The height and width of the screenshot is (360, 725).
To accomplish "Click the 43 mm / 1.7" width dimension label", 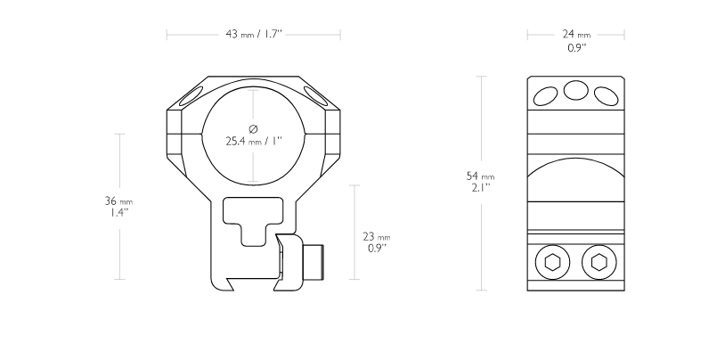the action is (253, 34).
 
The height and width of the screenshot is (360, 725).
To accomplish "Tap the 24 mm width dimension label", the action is (576, 34).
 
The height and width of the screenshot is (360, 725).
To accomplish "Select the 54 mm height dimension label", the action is (480, 176).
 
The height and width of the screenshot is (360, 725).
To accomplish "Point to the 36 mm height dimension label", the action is (118, 201).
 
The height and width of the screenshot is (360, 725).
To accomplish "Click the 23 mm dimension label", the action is (377, 237).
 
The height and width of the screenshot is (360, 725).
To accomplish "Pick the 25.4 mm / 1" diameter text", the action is (254, 141).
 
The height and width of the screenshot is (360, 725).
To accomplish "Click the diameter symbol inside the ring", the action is (253, 128).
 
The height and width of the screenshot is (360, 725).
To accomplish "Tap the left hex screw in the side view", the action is (552, 262).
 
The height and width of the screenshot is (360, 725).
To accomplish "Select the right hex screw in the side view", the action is (599, 262).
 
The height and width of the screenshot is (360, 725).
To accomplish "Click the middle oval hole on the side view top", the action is (575, 90).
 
